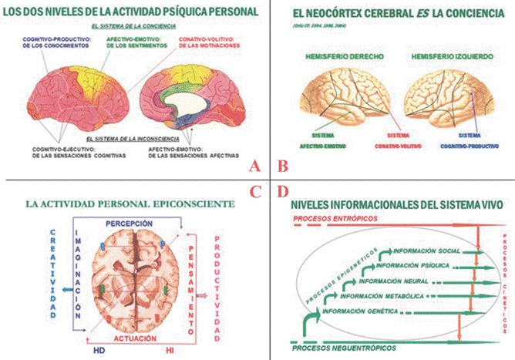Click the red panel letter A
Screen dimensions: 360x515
click(256, 165)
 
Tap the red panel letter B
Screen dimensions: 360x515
click(283, 165)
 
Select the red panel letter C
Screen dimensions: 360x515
click(256, 191)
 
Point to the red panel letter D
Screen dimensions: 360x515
click(283, 191)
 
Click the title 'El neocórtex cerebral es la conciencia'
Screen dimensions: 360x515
click(393, 15)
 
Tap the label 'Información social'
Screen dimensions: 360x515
click(426, 251)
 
